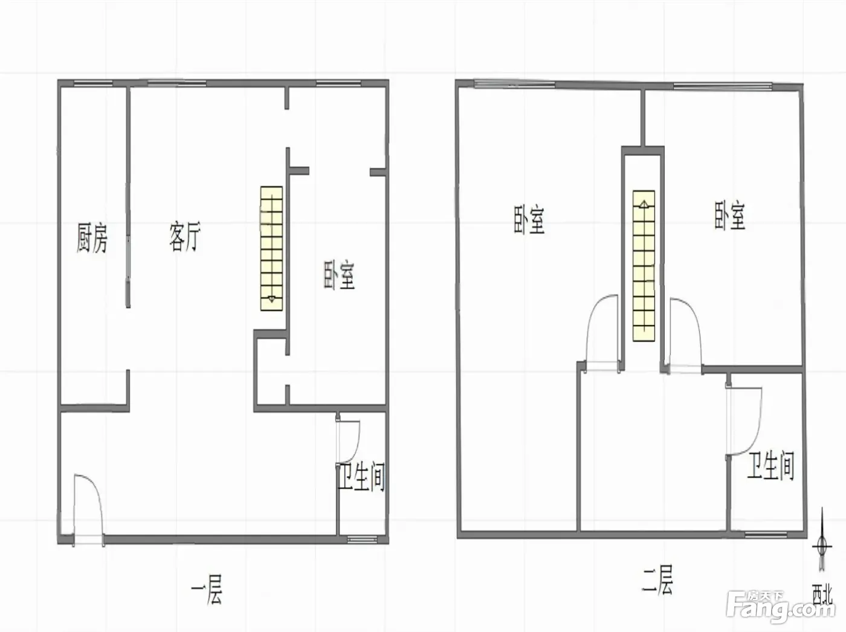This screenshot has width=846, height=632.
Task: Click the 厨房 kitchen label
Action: [x=92, y=238]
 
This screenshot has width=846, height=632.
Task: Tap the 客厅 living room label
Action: [x=185, y=236]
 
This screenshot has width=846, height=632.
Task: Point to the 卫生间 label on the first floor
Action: [x=361, y=477]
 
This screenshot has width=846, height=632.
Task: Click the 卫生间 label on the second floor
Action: [x=771, y=466]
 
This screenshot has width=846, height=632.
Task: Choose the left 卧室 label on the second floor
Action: [x=529, y=219]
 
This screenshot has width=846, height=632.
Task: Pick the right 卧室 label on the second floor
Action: [x=729, y=216]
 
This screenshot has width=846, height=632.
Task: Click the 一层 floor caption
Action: [x=207, y=589]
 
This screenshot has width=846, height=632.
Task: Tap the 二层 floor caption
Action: [x=657, y=579]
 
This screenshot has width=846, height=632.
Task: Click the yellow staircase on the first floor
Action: [x=272, y=248]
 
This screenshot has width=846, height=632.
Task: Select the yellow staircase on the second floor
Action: [x=644, y=265]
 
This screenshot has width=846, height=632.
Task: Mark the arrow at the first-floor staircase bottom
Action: [x=272, y=298]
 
